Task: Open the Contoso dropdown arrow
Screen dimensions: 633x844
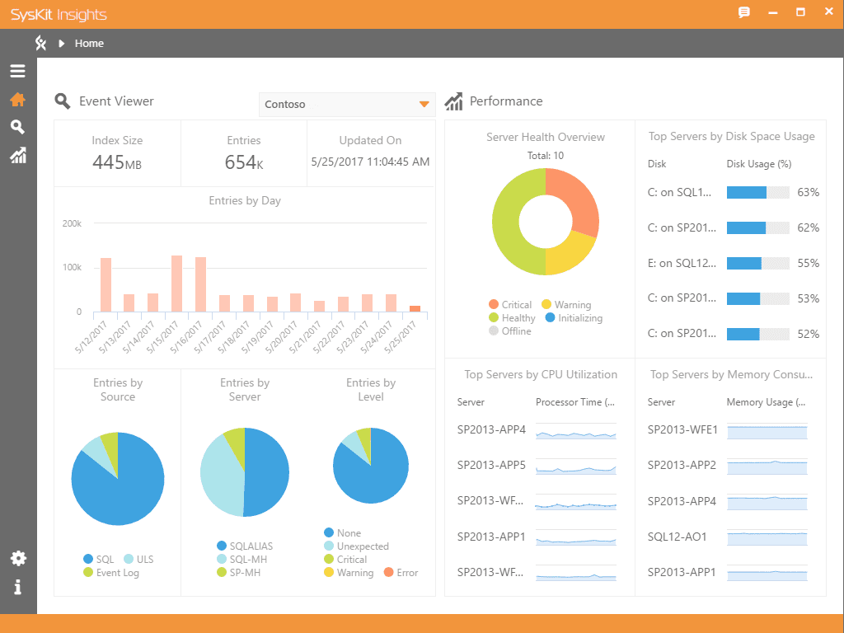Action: coord(424,105)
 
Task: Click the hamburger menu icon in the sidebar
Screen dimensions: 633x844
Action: coord(17,71)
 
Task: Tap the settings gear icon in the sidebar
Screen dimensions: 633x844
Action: coord(17,559)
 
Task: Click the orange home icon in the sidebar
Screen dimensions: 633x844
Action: coord(17,100)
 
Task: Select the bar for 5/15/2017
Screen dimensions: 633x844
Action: coord(176,284)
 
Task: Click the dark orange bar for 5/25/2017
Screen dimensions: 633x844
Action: coord(415,308)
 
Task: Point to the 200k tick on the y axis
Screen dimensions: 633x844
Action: coord(73,223)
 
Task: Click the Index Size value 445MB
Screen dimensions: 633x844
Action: coord(117,162)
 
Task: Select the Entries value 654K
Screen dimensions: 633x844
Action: coord(244,162)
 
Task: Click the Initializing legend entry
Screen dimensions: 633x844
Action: coord(579,318)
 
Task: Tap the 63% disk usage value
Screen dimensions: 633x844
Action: coord(808,192)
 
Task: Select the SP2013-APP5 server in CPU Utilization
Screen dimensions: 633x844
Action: coord(491,465)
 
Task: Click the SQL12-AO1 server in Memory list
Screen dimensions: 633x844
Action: coord(677,537)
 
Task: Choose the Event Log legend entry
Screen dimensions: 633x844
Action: coord(117,573)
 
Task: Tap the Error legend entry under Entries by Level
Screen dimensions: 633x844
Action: coord(407,573)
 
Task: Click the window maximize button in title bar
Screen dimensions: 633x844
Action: coord(800,12)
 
